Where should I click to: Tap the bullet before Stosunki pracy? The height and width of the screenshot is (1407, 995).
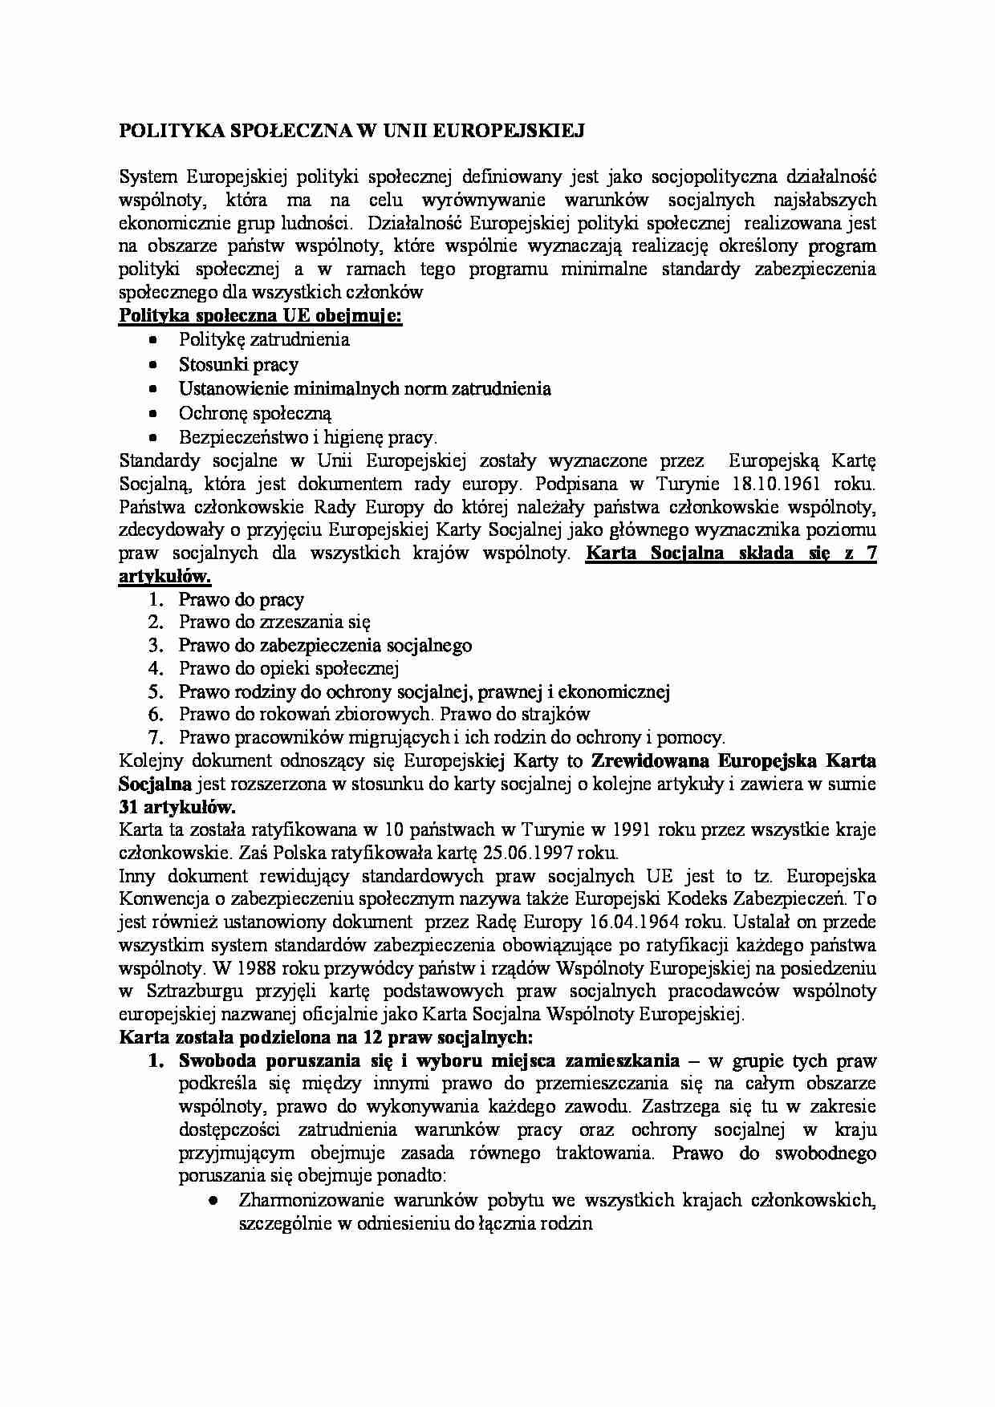pyautogui.click(x=154, y=365)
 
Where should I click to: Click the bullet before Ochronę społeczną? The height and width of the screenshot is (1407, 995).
pyautogui.click(x=154, y=414)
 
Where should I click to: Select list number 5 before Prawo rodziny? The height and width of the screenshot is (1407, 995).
pyautogui.click(x=156, y=691)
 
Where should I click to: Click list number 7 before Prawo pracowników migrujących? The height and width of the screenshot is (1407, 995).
pyautogui.click(x=156, y=737)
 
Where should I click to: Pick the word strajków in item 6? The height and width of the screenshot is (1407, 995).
pyautogui.click(x=558, y=714)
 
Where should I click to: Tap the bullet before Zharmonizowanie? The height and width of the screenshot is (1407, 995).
pyautogui.click(x=213, y=1202)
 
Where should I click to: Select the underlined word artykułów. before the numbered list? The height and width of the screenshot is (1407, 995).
pyautogui.click(x=165, y=577)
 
